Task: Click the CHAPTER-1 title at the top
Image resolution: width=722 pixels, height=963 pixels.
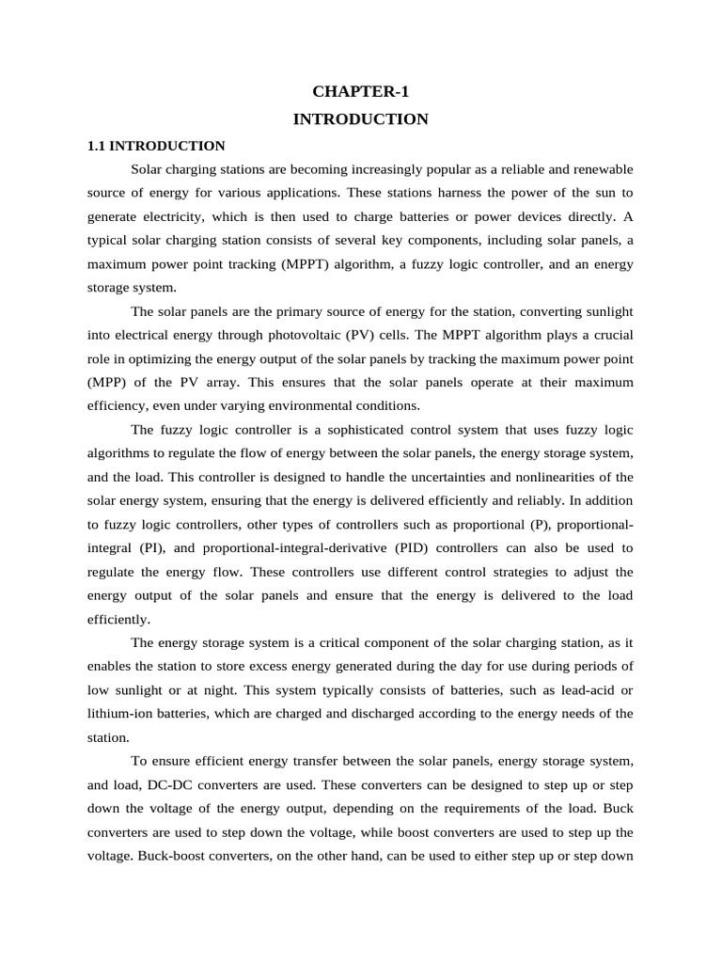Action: [x=361, y=92]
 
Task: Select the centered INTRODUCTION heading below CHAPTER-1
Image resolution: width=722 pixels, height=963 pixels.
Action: [x=361, y=119]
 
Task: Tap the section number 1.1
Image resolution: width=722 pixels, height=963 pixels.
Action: [x=97, y=146]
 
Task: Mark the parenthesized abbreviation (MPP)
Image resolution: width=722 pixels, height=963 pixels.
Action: [x=107, y=382]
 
